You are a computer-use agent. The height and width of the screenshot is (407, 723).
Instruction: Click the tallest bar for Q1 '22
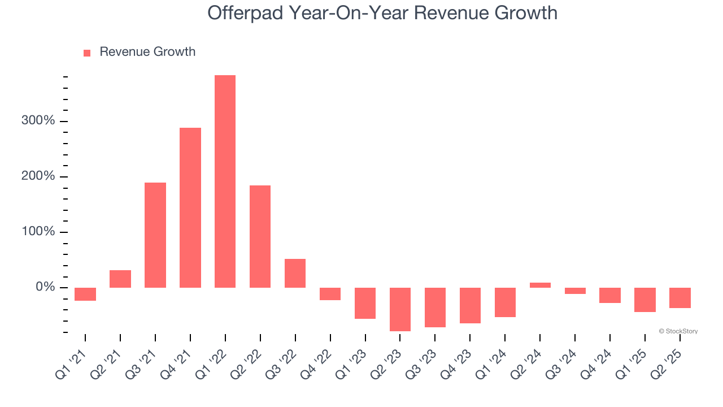pyautogui.click(x=225, y=181)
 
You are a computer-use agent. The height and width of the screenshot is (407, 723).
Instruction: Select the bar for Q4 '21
pyautogui.click(x=190, y=207)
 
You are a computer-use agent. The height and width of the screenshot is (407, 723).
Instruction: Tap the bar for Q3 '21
pyautogui.click(x=155, y=235)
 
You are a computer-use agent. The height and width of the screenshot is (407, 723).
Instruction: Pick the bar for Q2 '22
pyautogui.click(x=260, y=236)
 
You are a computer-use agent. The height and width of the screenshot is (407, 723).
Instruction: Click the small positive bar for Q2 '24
pyautogui.click(x=540, y=285)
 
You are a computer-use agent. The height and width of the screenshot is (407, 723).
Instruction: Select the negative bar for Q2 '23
pyautogui.click(x=400, y=309)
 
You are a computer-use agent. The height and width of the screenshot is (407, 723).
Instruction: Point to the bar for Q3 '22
pyautogui.click(x=295, y=273)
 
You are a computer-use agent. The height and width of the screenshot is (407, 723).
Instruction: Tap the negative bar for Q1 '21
pyautogui.click(x=85, y=294)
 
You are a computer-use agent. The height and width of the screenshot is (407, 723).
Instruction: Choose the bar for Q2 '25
pyautogui.click(x=680, y=298)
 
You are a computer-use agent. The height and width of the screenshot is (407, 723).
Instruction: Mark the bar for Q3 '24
pyautogui.click(x=575, y=291)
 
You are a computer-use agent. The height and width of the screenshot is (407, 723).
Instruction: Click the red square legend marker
pyautogui.click(x=87, y=53)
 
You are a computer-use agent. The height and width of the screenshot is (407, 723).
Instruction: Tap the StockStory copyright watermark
pyautogui.click(x=678, y=331)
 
